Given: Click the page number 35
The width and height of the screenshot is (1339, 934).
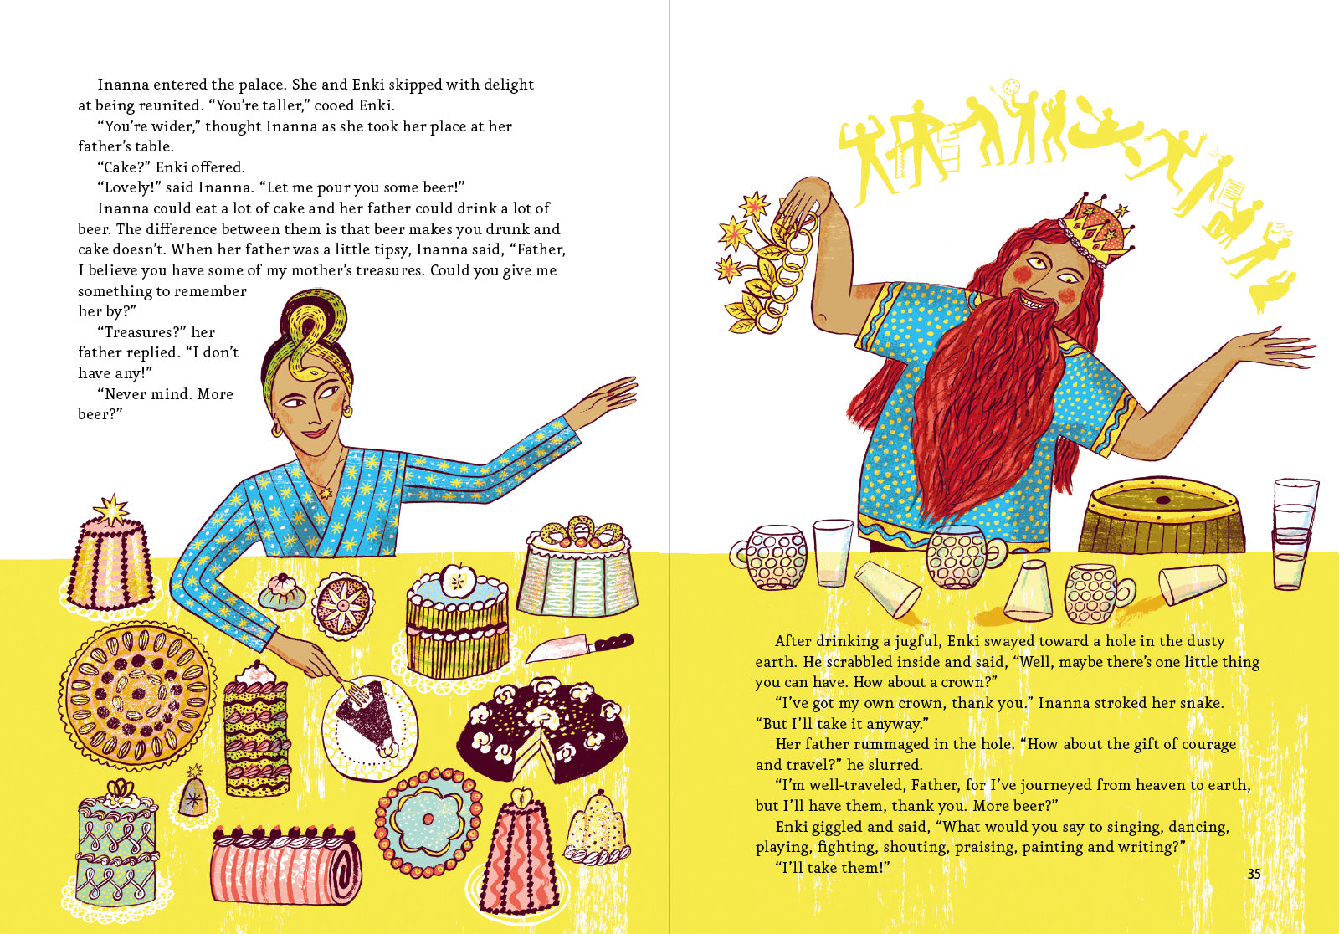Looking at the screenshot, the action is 1254,874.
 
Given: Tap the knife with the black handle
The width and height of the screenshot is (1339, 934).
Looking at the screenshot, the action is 578,648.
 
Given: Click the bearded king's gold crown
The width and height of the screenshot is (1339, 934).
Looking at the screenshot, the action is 1097,229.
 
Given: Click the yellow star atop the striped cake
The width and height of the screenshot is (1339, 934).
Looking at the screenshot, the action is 111,510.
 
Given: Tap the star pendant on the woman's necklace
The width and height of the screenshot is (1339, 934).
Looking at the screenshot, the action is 326,492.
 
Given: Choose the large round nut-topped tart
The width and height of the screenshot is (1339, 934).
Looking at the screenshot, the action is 137,695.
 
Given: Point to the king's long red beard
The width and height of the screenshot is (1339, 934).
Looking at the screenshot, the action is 987,407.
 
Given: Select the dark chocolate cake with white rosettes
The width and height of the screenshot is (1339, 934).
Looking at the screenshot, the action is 541,730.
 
